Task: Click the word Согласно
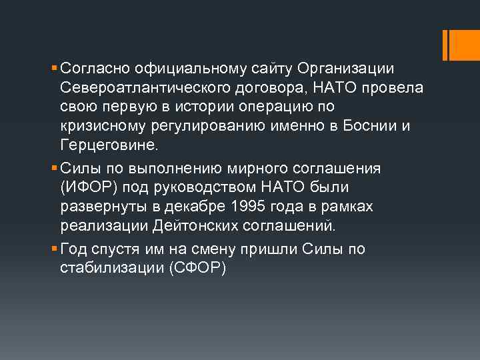94,69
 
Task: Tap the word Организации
345,69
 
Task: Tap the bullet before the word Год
54,249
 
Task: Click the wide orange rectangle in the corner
459,45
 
